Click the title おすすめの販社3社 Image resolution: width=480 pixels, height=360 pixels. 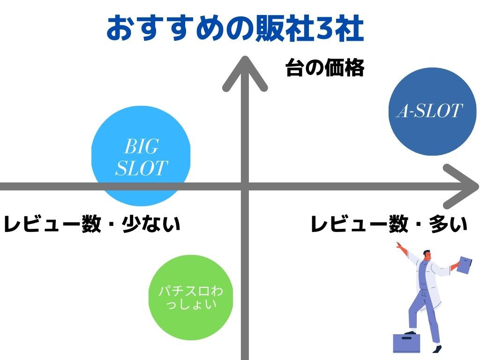tap(235, 29)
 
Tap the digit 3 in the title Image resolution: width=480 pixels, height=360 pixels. tap(325, 29)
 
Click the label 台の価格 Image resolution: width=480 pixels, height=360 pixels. tap(325, 67)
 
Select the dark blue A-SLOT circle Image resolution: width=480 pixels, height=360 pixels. tap(432, 112)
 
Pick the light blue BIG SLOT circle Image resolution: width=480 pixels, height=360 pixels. tap(141, 156)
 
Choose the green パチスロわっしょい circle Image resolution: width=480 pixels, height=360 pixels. tap(191, 297)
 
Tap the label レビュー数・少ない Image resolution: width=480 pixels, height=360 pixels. tap(92, 224)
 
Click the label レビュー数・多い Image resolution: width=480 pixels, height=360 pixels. tap(389, 224)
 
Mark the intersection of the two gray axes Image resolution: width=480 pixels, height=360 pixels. tap(245, 187)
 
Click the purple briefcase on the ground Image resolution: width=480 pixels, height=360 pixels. tap(406, 343)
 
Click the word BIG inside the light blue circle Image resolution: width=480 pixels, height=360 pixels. tap(142, 146)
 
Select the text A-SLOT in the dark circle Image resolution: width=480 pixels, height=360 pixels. tap(429, 111)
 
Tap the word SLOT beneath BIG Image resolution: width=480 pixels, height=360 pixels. tap(142, 168)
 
